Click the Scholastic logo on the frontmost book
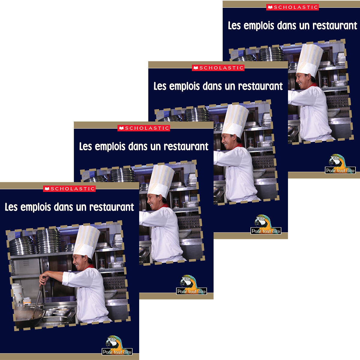coord(69,189)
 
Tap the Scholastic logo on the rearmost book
coord(292,7)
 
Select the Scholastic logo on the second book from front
coord(144,128)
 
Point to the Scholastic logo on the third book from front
coord(218,68)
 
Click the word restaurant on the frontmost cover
coord(112,207)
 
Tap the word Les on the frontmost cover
coord(11,207)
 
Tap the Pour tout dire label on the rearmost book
coord(340,171)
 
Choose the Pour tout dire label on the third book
coord(266,231)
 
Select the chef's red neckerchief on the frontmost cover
coord(89,266)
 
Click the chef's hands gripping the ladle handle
coord(43,280)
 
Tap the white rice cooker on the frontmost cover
coord(17,292)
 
